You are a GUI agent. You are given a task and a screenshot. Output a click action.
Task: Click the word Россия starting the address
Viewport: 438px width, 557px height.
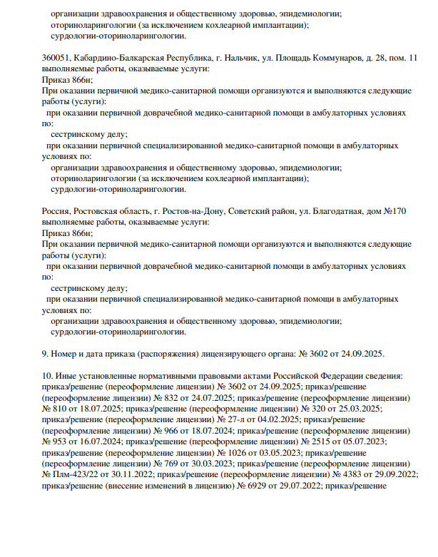(x=57, y=211)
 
